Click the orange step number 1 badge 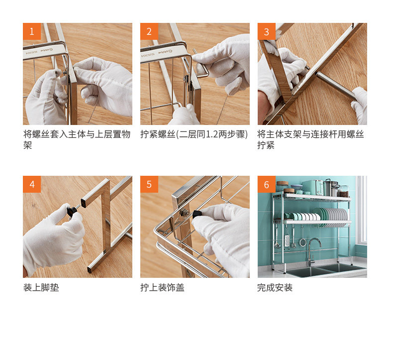32,31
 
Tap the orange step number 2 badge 149,31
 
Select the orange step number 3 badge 267,31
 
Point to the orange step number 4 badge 32,184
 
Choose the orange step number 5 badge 149,184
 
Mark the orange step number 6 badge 267,184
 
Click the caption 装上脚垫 41,287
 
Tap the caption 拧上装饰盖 162,287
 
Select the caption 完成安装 275,287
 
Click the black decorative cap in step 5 197,214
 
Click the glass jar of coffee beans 343,191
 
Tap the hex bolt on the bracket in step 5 184,213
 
